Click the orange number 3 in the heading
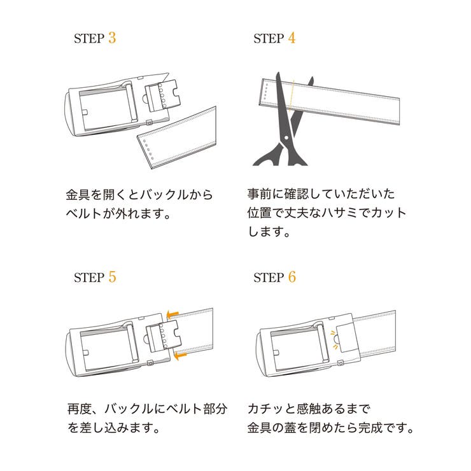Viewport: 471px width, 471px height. pyautogui.click(x=112, y=38)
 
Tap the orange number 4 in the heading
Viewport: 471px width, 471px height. pyautogui.click(x=292, y=38)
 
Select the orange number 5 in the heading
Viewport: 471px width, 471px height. pyautogui.click(x=112, y=277)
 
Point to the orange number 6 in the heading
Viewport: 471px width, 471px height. pyautogui.click(x=292, y=277)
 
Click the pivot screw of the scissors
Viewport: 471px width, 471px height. pyautogui.click(x=286, y=138)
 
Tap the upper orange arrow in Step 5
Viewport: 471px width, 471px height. pyautogui.click(x=172, y=314)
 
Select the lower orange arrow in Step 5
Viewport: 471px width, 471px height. pyautogui.click(x=181, y=356)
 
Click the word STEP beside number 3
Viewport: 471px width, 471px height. pyautogui.click(x=89, y=38)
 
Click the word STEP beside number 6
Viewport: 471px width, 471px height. pyautogui.click(x=269, y=278)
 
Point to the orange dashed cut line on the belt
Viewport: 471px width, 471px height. pyautogui.click(x=292, y=95)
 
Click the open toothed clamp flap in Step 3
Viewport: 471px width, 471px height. pyautogui.click(x=162, y=94)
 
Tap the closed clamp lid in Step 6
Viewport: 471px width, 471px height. pyautogui.click(x=347, y=339)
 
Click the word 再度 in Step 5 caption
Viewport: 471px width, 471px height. pyautogui.click(x=80, y=409)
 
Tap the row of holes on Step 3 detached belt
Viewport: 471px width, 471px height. pyautogui.click(x=148, y=150)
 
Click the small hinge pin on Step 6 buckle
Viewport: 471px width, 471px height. pyautogui.click(x=341, y=363)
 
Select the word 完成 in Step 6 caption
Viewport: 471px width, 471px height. pyautogui.click(x=370, y=428)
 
